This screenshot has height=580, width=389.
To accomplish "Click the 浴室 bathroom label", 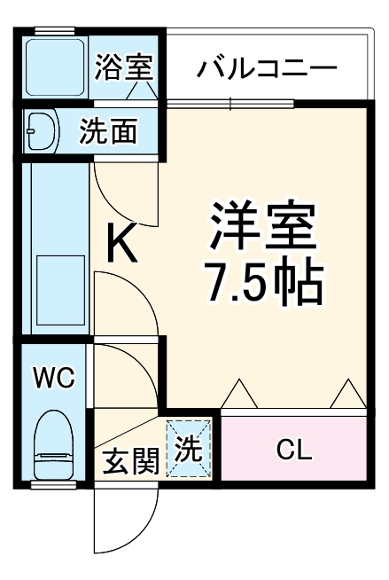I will (x=125, y=67).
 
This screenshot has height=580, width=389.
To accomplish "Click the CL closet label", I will (x=293, y=450).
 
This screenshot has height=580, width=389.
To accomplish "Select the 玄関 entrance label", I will (x=130, y=461).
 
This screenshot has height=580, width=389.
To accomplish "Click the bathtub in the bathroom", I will (x=54, y=67).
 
